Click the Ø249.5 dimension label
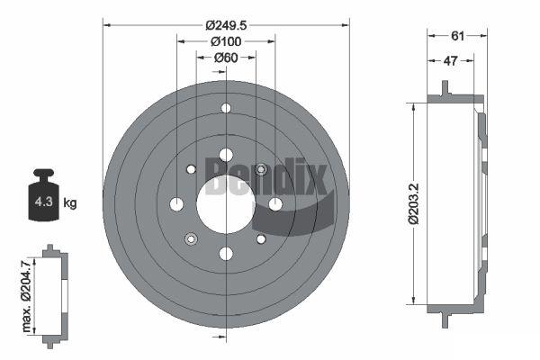click(x=226, y=25)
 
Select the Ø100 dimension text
click(x=226, y=41)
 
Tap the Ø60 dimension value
click(x=226, y=58)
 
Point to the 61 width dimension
click(x=457, y=36)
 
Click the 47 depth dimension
click(x=451, y=61)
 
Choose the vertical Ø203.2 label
click(x=414, y=203)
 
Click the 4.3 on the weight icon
click(x=44, y=202)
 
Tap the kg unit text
click(x=70, y=202)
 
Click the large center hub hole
click(x=226, y=204)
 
